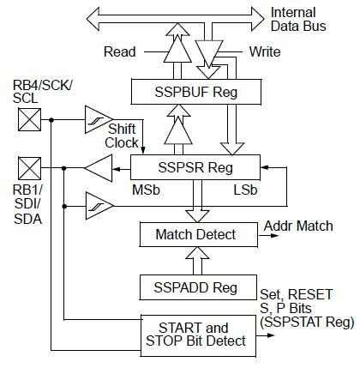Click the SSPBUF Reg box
tap(196, 92)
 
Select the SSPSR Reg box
tap(195, 167)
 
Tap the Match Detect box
tap(198, 234)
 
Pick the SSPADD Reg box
tap(198, 287)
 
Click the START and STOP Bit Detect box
tap(198, 335)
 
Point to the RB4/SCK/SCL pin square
tap(29, 119)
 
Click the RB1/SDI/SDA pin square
tap(29, 168)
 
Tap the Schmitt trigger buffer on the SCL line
tap(99, 119)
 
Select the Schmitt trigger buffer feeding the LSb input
tap(99, 206)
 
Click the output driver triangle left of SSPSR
tap(99, 168)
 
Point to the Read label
tap(120, 51)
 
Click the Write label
tap(265, 51)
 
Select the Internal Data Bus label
tap(298, 19)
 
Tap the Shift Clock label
tap(122, 136)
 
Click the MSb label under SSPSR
tap(146, 190)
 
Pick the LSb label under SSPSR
tap(245, 190)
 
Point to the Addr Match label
tap(298, 226)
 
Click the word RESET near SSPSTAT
tap(310, 294)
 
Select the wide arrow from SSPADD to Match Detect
tap(197, 261)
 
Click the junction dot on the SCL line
tap(51, 120)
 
